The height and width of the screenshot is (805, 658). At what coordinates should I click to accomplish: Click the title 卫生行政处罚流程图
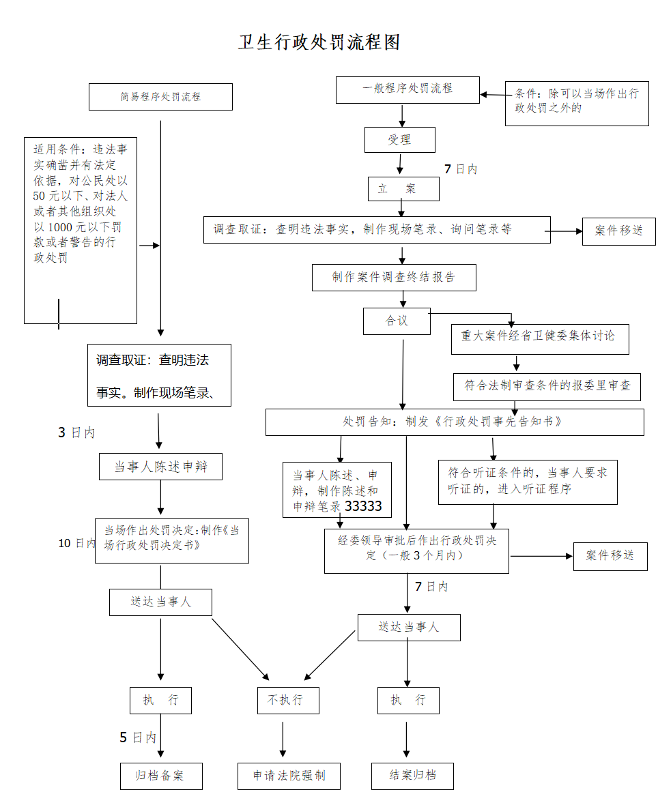point(319,42)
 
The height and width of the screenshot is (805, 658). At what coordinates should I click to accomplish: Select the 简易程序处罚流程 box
point(160,97)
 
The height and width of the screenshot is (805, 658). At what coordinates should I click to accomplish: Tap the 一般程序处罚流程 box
point(407,89)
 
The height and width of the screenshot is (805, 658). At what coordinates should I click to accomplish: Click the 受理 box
point(399,140)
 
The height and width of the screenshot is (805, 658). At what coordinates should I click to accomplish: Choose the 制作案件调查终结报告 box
point(394,278)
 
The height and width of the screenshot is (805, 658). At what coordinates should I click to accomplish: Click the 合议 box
point(397,321)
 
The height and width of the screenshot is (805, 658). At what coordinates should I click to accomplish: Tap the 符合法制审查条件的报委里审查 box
point(547,386)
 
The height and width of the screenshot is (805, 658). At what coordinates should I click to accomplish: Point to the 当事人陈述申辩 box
point(160,467)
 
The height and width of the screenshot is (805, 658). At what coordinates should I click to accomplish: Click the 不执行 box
point(288,701)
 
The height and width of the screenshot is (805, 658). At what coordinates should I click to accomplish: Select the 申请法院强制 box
point(289,776)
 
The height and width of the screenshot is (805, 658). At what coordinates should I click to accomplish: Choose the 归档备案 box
point(161,776)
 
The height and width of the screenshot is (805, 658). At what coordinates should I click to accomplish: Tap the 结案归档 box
point(412,776)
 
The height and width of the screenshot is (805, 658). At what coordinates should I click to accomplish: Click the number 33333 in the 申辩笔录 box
point(363,507)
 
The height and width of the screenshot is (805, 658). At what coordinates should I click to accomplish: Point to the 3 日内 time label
point(76,433)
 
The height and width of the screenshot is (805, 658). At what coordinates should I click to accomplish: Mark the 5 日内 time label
point(138,737)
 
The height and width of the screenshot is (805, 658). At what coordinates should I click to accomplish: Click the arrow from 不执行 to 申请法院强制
point(283,739)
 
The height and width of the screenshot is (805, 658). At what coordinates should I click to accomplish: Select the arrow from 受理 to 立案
point(400,164)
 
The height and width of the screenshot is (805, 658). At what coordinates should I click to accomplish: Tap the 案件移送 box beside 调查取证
point(618,231)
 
